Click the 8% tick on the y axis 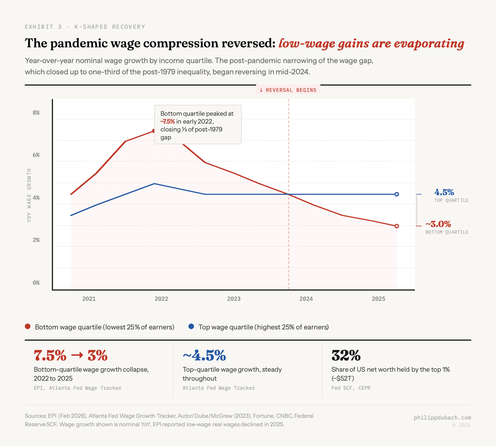click(x=36, y=113)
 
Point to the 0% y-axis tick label click(x=36, y=283)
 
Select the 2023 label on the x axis click(x=234, y=299)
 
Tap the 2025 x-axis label click(x=378, y=299)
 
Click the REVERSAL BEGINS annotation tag click(x=288, y=90)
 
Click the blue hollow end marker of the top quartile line click(x=397, y=194)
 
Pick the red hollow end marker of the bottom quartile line click(x=397, y=226)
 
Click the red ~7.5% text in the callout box click(x=168, y=122)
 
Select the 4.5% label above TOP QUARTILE click(x=444, y=192)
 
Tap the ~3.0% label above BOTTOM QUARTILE click(x=438, y=224)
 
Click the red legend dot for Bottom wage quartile click(x=28, y=327)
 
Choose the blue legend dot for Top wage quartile click(x=191, y=327)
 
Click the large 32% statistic click(x=346, y=355)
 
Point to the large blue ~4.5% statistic click(x=204, y=355)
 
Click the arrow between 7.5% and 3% click(x=77, y=355)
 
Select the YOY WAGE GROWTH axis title click(x=29, y=195)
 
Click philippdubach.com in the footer click(x=442, y=418)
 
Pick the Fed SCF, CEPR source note click(x=351, y=388)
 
